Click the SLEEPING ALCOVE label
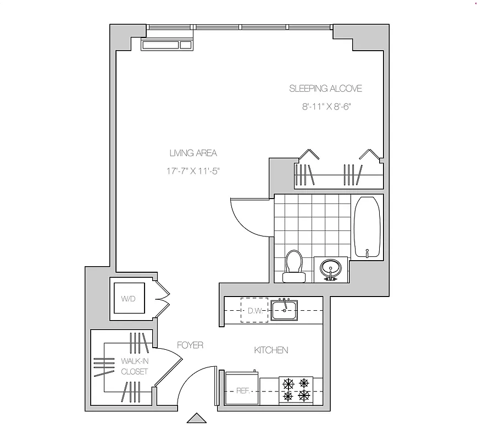coord(325,89)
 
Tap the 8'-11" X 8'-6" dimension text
coord(326,107)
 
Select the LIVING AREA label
coord(193,153)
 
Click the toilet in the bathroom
coord(293,263)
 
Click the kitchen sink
coord(284,310)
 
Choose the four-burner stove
coord(296,389)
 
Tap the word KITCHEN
coord(271,350)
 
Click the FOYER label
coord(190,345)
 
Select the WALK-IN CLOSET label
coord(135,366)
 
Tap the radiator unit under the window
coord(168,45)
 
